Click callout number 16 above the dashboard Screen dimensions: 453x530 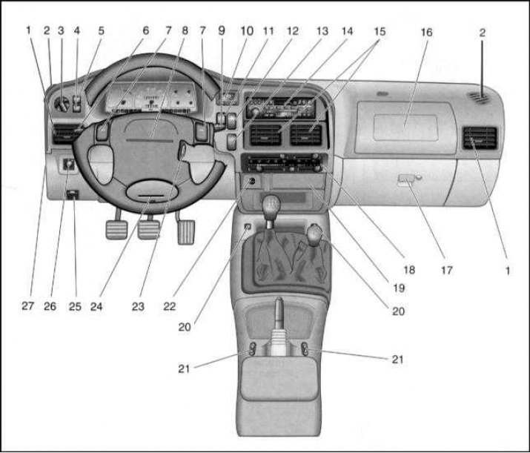tap(426, 33)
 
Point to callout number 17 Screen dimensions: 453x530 tap(446, 271)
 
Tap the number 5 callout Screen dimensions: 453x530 tap(102, 31)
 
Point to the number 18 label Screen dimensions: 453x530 tap(408, 271)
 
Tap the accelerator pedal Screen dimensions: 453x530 tap(185, 228)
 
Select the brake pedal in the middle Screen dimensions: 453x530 tap(150, 231)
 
